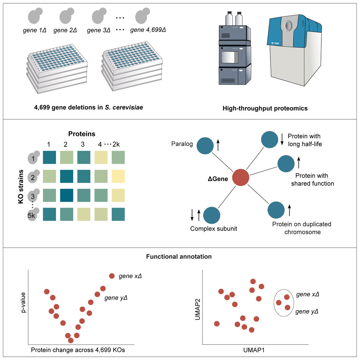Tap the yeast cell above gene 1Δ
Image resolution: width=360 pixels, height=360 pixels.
[x=35, y=16]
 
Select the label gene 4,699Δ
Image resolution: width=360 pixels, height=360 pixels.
[x=148, y=30]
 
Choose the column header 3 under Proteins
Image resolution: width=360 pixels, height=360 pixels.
[x=83, y=144]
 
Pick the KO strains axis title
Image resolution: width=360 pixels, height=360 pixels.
[x=21, y=186]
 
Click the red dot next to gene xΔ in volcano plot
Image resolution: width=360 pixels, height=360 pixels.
[x=112, y=276]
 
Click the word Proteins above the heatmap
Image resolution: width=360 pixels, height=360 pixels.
[x=82, y=134]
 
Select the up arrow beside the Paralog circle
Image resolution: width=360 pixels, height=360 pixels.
[x=218, y=146]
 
